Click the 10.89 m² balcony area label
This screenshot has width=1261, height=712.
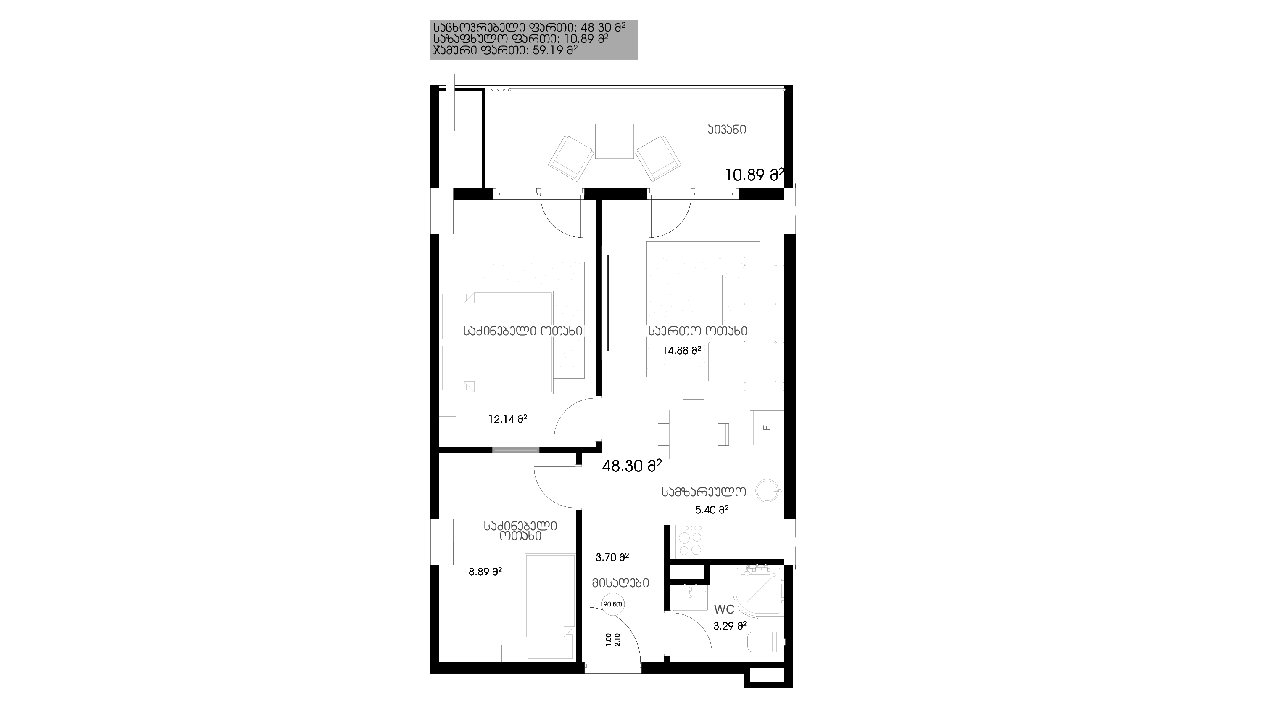(x=754, y=175)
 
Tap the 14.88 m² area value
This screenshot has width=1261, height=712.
(x=681, y=351)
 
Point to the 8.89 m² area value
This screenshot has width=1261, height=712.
(x=485, y=572)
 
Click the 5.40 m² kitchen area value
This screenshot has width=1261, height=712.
(x=712, y=510)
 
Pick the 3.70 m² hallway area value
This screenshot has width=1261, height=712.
(x=612, y=557)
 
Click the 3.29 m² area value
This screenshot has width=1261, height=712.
(x=729, y=626)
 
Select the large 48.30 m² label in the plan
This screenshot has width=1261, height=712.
(x=631, y=466)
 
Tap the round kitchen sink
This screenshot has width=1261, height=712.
(x=767, y=491)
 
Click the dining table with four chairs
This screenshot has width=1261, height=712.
(x=693, y=434)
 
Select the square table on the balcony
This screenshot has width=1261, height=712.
(x=615, y=141)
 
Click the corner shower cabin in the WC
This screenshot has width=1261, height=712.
(x=758, y=590)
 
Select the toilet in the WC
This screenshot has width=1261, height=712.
(x=767, y=642)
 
